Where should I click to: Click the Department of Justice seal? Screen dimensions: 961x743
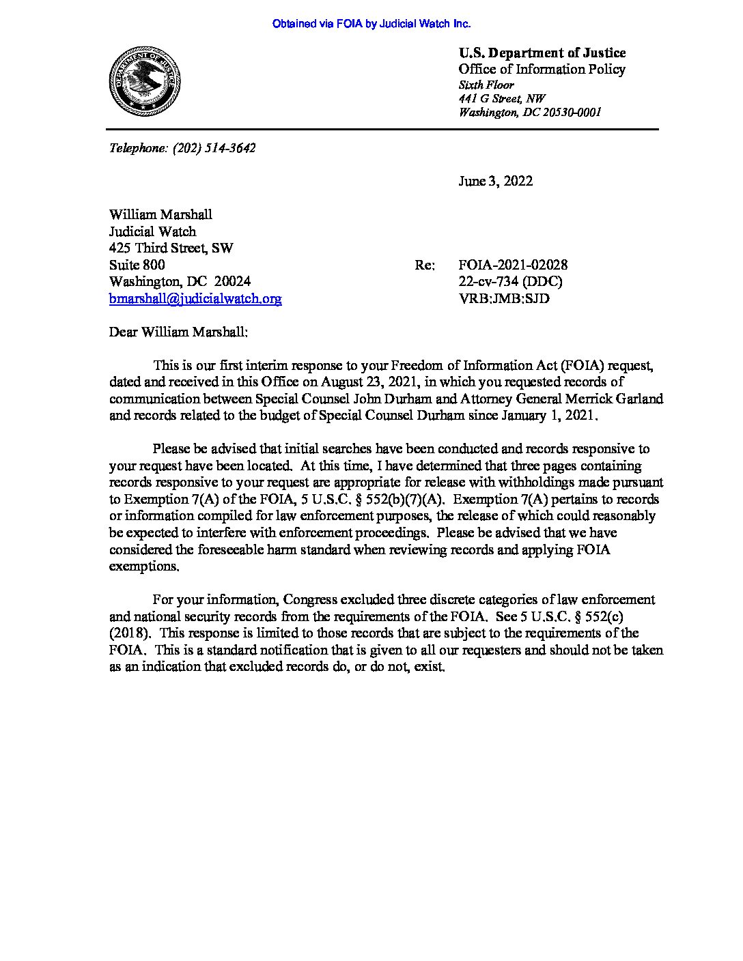point(144,81)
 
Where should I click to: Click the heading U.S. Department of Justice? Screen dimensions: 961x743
point(542,53)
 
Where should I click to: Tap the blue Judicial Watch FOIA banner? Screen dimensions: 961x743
point(371,24)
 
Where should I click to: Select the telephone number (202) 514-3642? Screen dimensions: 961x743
point(214,147)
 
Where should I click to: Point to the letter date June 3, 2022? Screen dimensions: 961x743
point(496,181)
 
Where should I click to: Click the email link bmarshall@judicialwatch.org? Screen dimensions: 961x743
point(195,298)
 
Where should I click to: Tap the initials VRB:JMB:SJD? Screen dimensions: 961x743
point(504,298)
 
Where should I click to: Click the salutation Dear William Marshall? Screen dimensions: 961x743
point(179,332)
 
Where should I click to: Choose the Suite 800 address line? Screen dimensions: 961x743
point(137,265)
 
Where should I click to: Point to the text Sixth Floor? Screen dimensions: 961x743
point(486,85)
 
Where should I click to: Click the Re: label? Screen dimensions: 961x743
point(424,265)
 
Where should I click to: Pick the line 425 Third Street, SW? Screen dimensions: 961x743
point(171,248)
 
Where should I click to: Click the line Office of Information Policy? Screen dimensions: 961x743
point(542,69)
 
